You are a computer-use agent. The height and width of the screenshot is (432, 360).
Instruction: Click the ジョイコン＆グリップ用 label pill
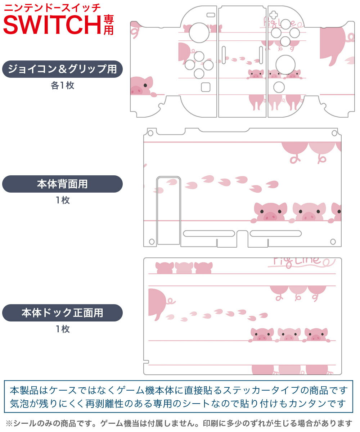pyautogui.click(x=62, y=69)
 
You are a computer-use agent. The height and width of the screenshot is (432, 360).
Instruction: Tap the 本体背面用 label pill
pyautogui.click(x=62, y=184)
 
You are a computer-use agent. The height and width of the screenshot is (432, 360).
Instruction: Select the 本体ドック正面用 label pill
pyautogui.click(x=62, y=313)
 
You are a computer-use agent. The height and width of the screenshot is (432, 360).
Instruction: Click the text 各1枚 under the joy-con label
pyautogui.click(x=62, y=86)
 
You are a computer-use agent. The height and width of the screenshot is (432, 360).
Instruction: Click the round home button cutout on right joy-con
pyautogui.click(x=279, y=87)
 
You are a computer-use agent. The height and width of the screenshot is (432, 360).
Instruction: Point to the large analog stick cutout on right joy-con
pyautogui.click(x=285, y=65)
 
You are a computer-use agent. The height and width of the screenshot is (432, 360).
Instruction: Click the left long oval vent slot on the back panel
pyautogui.click(x=209, y=234)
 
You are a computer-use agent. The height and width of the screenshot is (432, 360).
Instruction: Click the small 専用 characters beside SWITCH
pyautogui.click(x=108, y=24)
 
